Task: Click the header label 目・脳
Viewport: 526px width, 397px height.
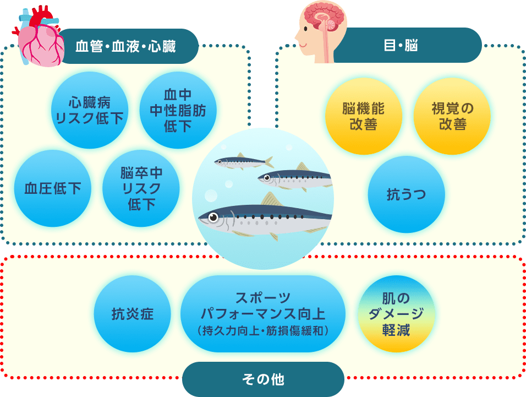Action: point(401,45)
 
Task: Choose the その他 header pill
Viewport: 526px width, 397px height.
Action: point(264,379)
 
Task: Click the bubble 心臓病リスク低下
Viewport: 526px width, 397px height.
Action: point(90,111)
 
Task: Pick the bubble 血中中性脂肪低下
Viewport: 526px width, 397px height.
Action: point(178,111)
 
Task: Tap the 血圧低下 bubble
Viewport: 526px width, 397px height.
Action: point(53,188)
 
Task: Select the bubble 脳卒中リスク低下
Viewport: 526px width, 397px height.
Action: point(141,188)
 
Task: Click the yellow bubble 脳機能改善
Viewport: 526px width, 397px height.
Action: point(364,116)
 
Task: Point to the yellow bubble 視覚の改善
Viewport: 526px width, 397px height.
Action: point(452,116)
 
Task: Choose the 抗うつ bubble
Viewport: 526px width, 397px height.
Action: point(407,194)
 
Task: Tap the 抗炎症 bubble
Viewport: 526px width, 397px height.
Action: point(133,314)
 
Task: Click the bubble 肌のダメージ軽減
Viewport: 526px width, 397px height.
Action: point(396,314)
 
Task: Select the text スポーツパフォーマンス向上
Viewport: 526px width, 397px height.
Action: point(263,306)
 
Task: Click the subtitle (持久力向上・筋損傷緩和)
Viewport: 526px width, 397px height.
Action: point(263,331)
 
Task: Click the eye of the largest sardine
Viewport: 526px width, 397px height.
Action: point(213,217)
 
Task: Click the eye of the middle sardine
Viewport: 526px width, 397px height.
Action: point(267,177)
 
